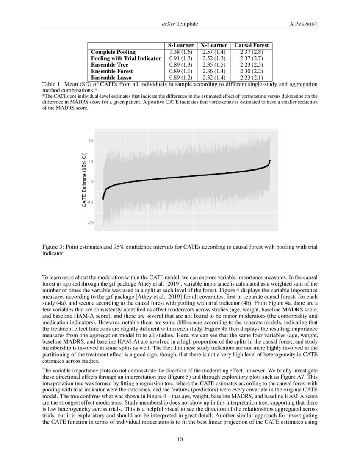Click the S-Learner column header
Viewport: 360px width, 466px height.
click(181, 45)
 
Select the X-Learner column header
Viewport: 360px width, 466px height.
click(214, 45)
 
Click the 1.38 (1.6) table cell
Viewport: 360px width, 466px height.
click(181, 52)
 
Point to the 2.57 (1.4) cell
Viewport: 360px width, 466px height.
click(214, 52)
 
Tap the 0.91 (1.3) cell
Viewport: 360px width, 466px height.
click(181, 58)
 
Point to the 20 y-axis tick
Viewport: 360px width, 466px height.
click(90, 141)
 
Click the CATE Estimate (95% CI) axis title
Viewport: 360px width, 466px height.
click(84, 180)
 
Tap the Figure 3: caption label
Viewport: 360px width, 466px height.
click(54, 247)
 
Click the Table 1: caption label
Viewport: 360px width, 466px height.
click(53, 84)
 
